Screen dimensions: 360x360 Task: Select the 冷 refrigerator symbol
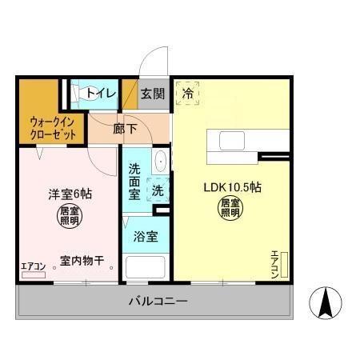coord(189,93)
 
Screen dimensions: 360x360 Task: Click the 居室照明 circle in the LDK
coord(230,208)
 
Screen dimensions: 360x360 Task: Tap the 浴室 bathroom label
coord(145,237)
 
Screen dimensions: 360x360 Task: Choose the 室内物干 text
coord(82,261)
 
